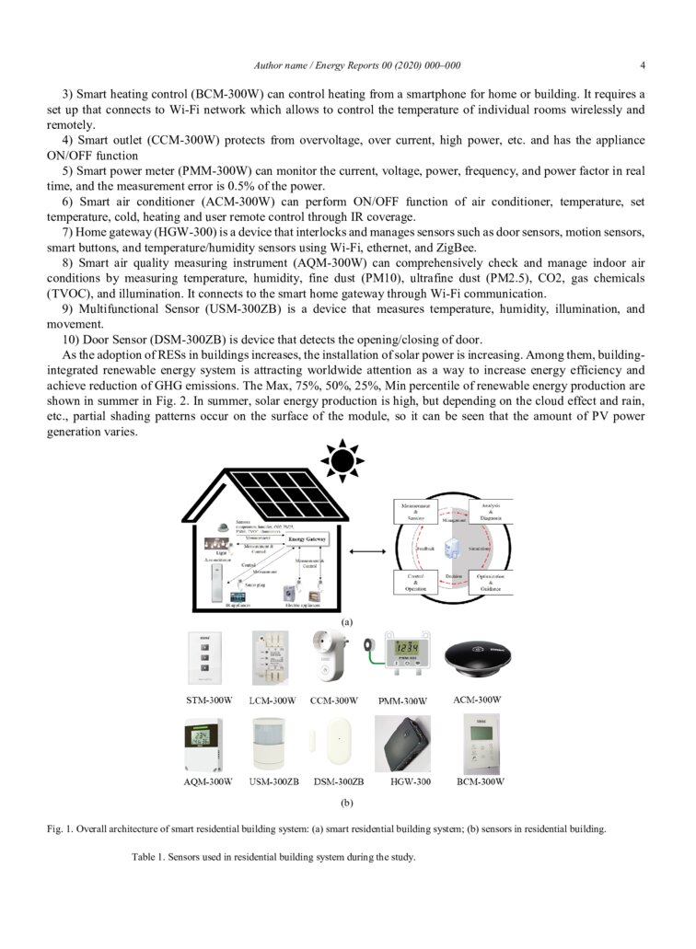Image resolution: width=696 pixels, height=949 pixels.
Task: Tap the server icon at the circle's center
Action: click(x=452, y=549)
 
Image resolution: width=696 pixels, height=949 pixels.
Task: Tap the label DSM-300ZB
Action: click(x=338, y=781)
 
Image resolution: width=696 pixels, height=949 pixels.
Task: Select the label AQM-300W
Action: click(x=209, y=781)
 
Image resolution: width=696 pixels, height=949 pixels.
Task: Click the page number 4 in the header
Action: click(x=642, y=65)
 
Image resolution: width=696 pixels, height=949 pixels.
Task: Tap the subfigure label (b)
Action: click(x=347, y=802)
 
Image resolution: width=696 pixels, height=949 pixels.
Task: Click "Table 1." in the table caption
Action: click(x=149, y=857)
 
